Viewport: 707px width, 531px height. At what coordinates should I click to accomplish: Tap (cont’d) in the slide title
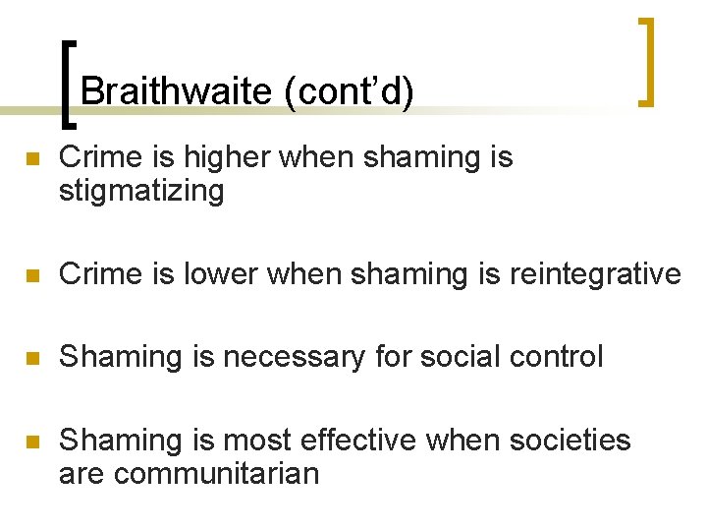click(348, 91)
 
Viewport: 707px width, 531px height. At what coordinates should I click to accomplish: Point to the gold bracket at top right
click(646, 61)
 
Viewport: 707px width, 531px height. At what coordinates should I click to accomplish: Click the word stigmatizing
click(141, 190)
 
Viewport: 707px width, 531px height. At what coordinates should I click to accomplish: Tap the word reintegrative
click(595, 273)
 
